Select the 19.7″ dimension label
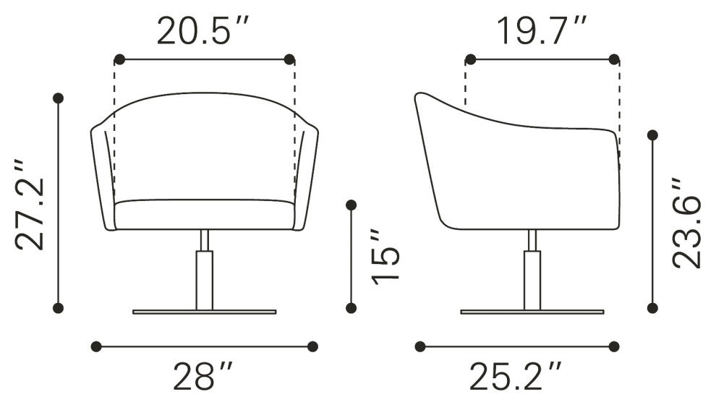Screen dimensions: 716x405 pyautogui.click(x=541, y=31)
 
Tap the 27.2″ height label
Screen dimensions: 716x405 pyautogui.click(x=30, y=204)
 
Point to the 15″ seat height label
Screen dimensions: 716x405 pyautogui.click(x=386, y=257)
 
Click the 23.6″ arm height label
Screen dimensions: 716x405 pyautogui.click(x=686, y=223)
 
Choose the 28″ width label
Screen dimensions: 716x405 pyautogui.click(x=203, y=376)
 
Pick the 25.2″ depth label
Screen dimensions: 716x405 pyautogui.click(x=516, y=376)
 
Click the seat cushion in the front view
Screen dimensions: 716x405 pyautogui.click(x=204, y=214)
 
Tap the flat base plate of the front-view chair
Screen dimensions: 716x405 pyautogui.click(x=205, y=312)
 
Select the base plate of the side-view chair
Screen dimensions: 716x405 pyautogui.click(x=532, y=312)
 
